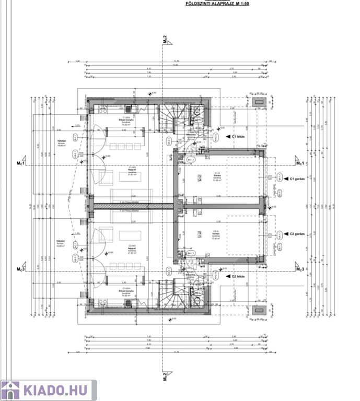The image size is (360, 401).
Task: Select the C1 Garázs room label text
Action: (216, 176)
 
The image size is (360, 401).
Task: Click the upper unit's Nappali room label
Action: (125, 171)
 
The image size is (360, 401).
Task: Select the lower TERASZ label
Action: (61, 242)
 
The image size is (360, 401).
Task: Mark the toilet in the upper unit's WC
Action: (197, 112)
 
